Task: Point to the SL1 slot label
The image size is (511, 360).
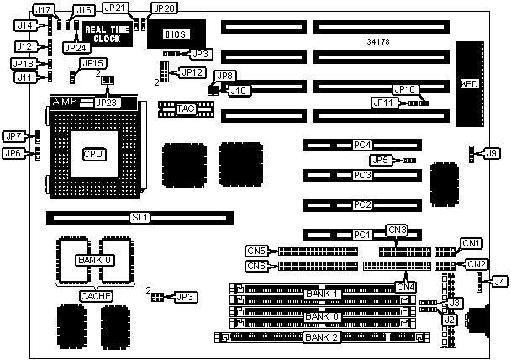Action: click(x=140, y=217)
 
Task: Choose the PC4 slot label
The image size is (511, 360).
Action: click(x=362, y=146)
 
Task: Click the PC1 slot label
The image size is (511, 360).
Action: click(x=362, y=234)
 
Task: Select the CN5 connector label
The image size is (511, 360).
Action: click(x=256, y=251)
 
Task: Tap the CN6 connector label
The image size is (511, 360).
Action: click(x=256, y=266)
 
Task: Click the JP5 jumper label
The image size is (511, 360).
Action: click(x=380, y=159)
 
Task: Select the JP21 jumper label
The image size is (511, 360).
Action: click(x=115, y=8)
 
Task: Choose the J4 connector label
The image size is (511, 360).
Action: click(x=498, y=282)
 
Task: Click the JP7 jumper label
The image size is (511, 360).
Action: click(x=13, y=136)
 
